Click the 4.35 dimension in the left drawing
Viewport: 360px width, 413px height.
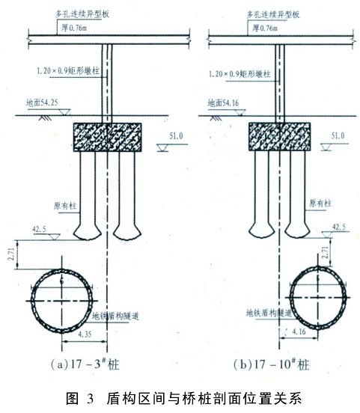click(x=85, y=334)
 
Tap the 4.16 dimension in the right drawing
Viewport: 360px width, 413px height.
click(x=299, y=331)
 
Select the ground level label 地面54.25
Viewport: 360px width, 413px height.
click(x=42, y=103)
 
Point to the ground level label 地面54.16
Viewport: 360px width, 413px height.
click(x=223, y=103)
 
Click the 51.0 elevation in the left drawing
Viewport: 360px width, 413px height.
click(x=176, y=136)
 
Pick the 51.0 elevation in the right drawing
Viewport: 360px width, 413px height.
click(x=338, y=135)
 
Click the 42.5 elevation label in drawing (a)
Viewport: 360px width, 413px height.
click(x=39, y=229)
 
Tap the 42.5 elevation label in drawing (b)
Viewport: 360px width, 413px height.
click(x=339, y=227)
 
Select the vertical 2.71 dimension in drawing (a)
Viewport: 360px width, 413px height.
click(x=11, y=254)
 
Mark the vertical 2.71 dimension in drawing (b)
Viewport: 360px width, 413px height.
click(x=325, y=252)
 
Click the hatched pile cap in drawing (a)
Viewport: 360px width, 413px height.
click(x=107, y=137)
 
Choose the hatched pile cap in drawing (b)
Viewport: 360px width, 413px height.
click(x=280, y=136)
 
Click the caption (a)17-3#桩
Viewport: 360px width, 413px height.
click(x=85, y=364)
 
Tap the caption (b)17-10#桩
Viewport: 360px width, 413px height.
click(x=271, y=364)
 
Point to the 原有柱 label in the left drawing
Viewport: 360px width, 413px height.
click(x=65, y=206)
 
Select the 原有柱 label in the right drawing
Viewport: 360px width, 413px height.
click(x=320, y=203)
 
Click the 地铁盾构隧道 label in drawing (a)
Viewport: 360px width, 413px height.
click(x=115, y=316)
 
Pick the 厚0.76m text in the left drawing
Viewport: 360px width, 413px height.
click(x=74, y=28)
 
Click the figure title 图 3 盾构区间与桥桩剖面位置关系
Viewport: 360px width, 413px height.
click(x=183, y=398)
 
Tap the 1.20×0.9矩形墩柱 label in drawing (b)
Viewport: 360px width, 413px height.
click(x=240, y=74)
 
